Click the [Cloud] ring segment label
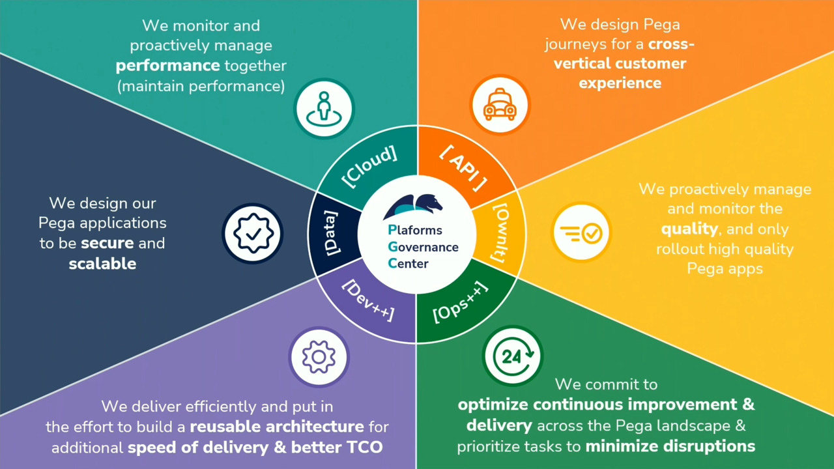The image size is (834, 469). pos(369,167)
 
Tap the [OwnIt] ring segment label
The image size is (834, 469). pos(499,233)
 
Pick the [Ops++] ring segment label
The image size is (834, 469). pos(460,302)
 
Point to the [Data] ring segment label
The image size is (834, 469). pos(331,233)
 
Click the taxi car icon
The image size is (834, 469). pos(500,105)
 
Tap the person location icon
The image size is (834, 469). pos(324,109)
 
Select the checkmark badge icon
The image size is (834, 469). pos(253,233)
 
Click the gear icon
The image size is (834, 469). pos(319,357)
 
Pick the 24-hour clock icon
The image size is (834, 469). pos(513,356)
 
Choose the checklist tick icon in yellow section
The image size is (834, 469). pos(581,233)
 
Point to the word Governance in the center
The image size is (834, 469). pos(423,247)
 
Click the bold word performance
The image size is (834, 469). pos(168,66)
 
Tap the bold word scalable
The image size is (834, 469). pos(102,264)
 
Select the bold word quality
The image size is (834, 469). pos(689,229)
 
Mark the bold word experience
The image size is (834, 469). pos(620,83)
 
